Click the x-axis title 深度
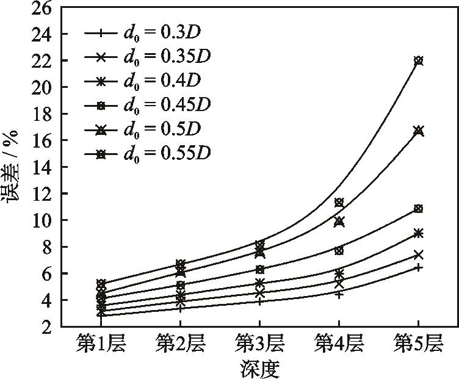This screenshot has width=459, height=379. [259, 369]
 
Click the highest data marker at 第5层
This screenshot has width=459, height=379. [418, 60]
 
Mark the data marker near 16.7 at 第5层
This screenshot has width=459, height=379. [418, 131]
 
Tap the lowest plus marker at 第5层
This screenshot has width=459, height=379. [418, 267]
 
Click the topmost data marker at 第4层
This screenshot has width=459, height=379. [339, 203]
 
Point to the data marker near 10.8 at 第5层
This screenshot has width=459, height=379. [418, 209]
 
